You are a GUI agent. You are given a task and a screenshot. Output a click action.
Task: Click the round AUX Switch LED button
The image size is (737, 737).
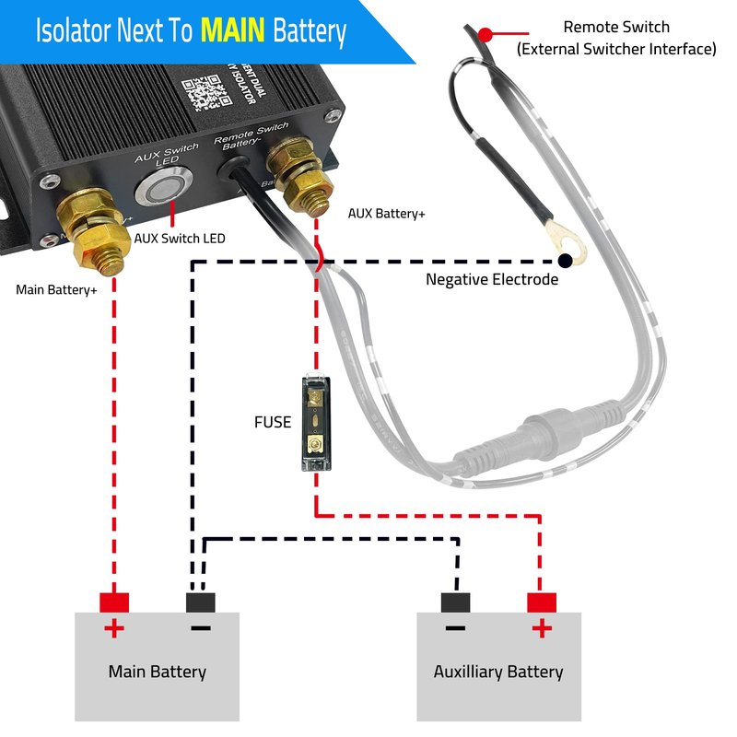[x=158, y=191]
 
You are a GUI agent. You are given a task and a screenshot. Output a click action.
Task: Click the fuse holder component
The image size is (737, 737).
[x=316, y=424]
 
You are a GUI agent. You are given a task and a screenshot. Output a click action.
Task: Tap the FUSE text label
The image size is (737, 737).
[x=273, y=423]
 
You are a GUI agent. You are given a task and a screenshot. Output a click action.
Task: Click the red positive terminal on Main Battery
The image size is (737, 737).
[x=114, y=602]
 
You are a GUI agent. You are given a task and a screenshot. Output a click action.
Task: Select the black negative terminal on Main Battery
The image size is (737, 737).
[x=200, y=602]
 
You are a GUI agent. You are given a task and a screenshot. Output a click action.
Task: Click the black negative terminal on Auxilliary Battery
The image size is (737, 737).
[x=455, y=602]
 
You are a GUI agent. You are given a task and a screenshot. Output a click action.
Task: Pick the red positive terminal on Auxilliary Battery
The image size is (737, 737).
[x=542, y=602]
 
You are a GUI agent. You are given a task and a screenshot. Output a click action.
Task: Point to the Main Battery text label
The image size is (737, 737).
[x=157, y=671]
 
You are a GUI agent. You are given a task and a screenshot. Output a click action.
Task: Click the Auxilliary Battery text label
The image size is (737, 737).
[x=498, y=671]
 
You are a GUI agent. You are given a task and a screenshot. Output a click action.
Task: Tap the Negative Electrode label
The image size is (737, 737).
[x=492, y=279]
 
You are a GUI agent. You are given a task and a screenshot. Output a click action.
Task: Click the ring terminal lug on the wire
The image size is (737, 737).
[x=565, y=241]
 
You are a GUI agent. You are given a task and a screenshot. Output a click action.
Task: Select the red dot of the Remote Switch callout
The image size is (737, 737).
[x=485, y=35]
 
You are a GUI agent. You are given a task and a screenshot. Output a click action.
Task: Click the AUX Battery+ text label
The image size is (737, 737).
[x=387, y=214]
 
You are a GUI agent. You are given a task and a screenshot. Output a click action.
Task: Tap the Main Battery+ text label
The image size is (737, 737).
[x=57, y=289]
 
